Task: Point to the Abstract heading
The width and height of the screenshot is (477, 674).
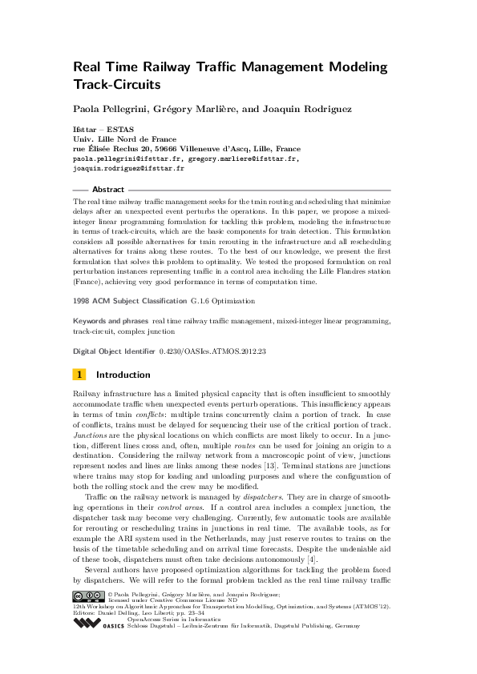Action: pyautogui.click(x=108, y=190)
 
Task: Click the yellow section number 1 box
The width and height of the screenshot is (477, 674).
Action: pyautogui.click(x=79, y=375)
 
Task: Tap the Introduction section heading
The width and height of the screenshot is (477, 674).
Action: pyautogui.click(x=123, y=375)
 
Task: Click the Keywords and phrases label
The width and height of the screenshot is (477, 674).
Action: pyautogui.click(x=110, y=320)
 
